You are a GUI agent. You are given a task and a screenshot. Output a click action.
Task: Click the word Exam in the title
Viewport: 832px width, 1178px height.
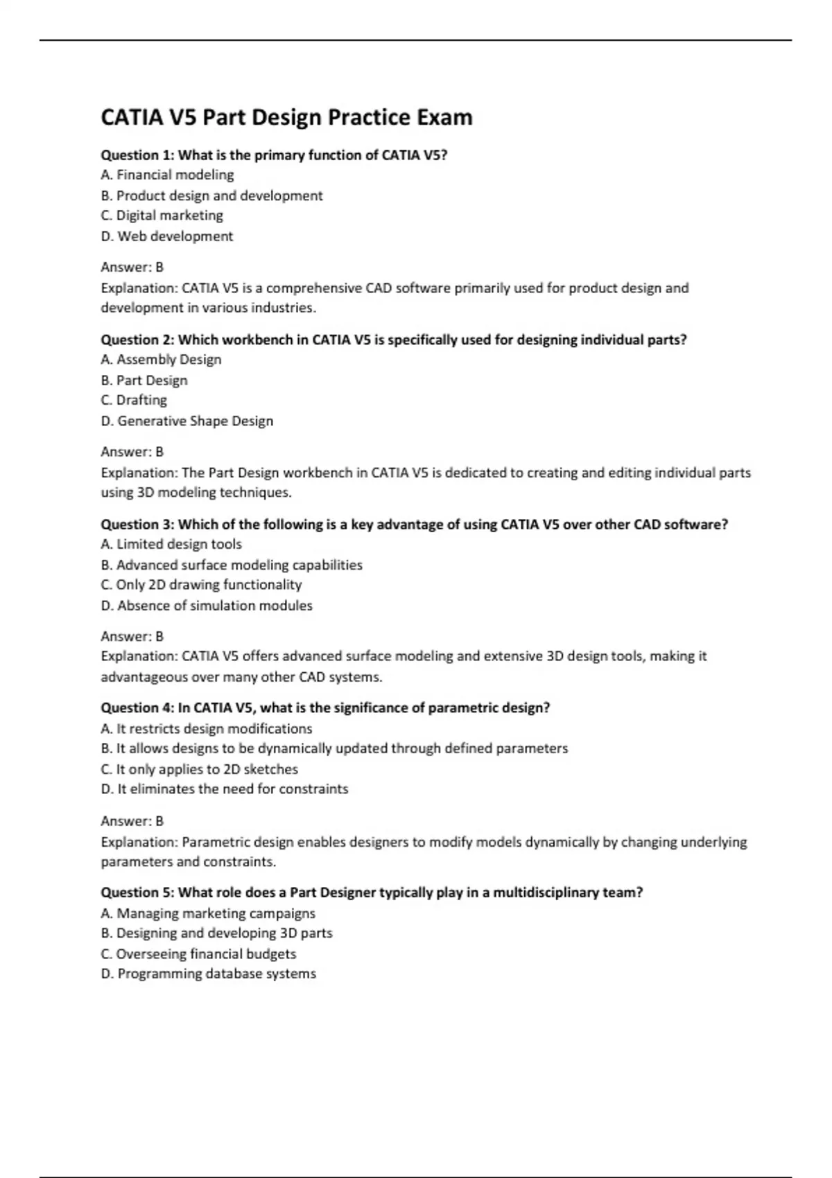(444, 118)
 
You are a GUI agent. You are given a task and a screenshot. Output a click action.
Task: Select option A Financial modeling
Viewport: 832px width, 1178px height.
(167, 175)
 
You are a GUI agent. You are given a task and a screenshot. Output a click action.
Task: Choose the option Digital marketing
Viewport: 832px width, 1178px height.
(162, 216)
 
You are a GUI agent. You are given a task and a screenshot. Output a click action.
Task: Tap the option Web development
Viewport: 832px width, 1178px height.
(166, 236)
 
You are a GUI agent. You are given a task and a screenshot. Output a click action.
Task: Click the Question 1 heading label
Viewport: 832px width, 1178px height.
(137, 155)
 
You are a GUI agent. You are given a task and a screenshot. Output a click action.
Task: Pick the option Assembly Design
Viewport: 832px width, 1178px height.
(161, 360)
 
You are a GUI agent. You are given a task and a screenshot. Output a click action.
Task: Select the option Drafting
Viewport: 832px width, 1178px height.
(134, 401)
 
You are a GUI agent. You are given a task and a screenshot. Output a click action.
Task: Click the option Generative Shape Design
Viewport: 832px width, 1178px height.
(187, 421)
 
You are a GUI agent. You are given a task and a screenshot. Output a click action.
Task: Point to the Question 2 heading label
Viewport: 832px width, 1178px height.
(137, 340)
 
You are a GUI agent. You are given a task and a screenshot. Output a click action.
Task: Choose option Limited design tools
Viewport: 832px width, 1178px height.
(171, 545)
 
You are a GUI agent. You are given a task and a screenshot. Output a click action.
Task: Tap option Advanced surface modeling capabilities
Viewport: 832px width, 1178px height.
(232, 565)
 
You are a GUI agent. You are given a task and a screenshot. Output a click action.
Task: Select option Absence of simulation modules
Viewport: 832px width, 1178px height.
(207, 606)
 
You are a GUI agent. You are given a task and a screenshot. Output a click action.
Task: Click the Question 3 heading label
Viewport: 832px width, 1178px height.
(137, 525)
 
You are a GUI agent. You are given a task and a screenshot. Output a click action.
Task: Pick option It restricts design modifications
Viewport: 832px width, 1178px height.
(206, 729)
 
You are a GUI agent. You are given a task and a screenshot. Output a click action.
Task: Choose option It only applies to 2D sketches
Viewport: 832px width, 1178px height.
(199, 769)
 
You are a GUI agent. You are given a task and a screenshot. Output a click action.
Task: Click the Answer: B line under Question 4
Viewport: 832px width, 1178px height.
(132, 821)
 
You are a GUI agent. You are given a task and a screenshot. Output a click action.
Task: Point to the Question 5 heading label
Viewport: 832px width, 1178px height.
(137, 893)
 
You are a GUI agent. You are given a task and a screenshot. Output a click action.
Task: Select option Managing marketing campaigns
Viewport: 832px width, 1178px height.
(208, 914)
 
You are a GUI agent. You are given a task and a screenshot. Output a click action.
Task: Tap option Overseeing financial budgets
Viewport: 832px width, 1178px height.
(198, 954)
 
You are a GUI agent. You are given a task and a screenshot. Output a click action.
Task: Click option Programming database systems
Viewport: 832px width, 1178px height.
(208, 974)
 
